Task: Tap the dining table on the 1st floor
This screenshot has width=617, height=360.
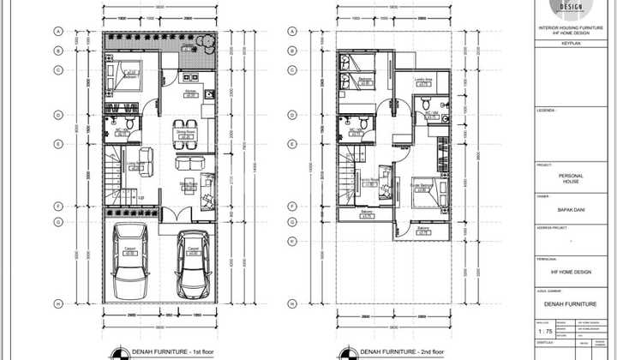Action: pos(183,130)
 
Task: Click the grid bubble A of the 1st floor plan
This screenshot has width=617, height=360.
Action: pos(59,31)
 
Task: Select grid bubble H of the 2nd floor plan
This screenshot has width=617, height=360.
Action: pos(292,303)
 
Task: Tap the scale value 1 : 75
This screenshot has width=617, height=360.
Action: pos(544,330)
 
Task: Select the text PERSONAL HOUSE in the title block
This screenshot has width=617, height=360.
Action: pos(570,178)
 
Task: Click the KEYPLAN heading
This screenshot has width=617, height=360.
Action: pos(570,40)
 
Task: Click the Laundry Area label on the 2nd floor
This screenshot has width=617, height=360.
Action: pos(422,81)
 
